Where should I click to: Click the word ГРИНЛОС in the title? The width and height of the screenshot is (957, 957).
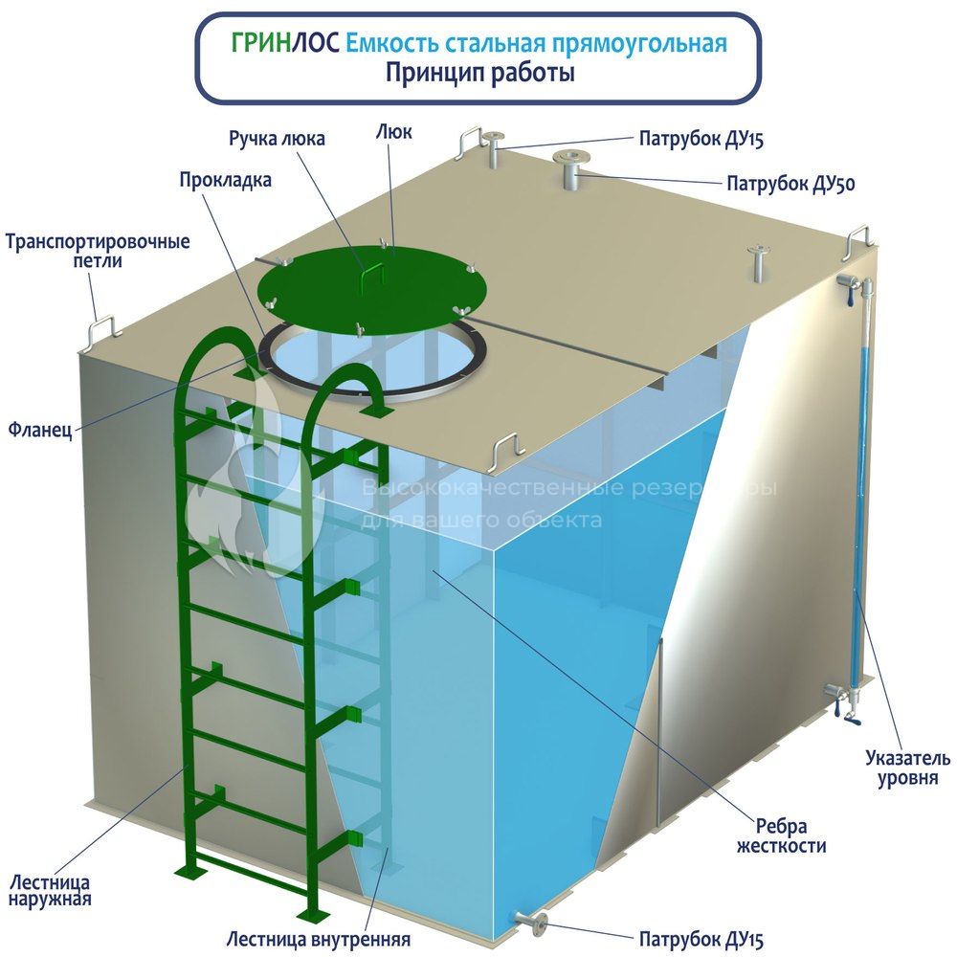click(x=284, y=44)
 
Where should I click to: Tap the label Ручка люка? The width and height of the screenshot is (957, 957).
click(x=277, y=139)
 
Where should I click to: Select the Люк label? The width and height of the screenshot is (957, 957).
click(x=393, y=131)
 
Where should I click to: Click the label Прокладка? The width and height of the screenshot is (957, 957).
click(x=225, y=180)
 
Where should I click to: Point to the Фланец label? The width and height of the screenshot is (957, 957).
click(x=40, y=430)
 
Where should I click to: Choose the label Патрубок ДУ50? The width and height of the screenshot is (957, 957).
click(x=790, y=183)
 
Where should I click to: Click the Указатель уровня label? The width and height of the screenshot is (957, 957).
click(x=907, y=768)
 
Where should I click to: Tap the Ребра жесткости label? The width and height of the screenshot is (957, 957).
click(x=781, y=836)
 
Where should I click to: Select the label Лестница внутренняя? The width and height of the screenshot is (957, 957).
click(x=318, y=939)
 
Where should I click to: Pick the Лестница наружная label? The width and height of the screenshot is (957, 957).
click(x=50, y=890)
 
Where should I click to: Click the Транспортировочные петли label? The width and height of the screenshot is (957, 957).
click(x=98, y=251)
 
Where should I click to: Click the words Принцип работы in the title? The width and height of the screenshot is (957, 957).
click(x=479, y=74)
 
